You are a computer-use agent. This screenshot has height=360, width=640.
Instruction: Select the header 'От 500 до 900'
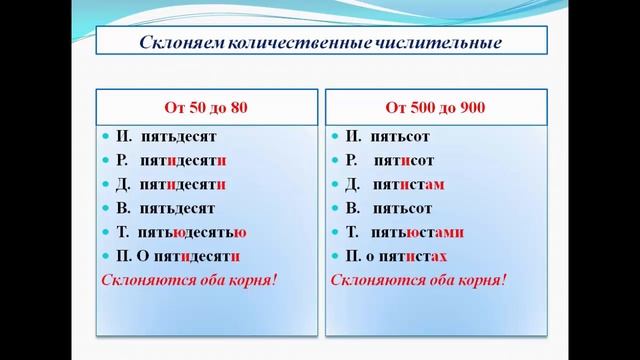point(432,105)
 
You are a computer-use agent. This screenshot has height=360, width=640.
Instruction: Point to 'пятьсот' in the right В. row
point(402,209)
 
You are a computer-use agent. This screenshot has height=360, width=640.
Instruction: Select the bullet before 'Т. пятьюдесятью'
point(105,233)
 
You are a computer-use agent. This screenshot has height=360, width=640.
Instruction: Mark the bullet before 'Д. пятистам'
point(335,184)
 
